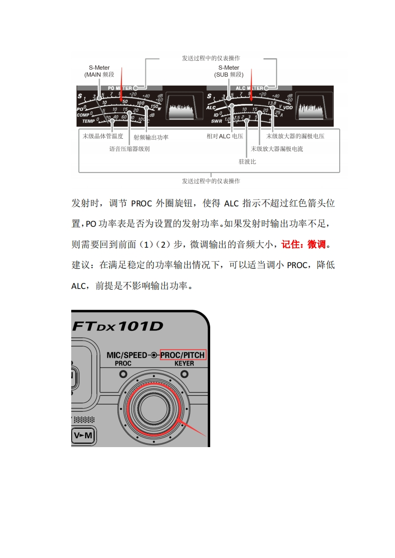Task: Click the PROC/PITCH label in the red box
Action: (x=183, y=355)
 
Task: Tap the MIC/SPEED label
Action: (x=127, y=355)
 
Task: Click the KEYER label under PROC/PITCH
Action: (x=184, y=364)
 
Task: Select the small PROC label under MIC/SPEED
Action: (x=123, y=364)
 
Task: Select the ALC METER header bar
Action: (x=249, y=88)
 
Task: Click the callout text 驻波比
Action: (x=247, y=162)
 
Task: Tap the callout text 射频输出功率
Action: (x=151, y=137)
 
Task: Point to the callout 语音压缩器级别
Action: (x=130, y=149)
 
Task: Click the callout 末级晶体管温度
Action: (x=103, y=136)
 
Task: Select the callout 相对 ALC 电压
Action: (x=225, y=136)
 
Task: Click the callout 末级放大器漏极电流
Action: (x=277, y=149)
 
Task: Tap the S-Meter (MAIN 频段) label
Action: (x=99, y=71)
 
